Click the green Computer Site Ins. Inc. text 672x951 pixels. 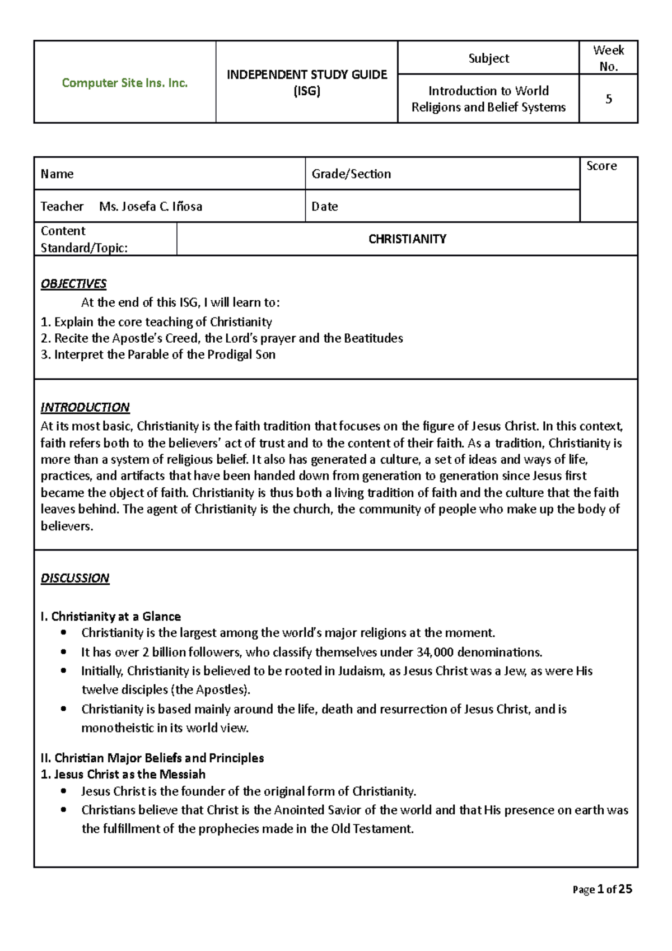pos(124,83)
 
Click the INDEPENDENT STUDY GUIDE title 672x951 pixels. pos(307,75)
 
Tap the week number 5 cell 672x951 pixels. pos(609,99)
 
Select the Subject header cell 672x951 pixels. pos(488,58)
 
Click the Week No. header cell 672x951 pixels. pos(609,58)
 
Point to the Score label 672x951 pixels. pos(601,166)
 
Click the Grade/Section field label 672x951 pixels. pos(351,174)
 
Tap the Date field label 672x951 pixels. pos(325,207)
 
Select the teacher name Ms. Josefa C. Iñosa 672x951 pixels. pos(151,207)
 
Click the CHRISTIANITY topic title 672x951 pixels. pos(407,239)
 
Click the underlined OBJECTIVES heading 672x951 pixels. pos(73,284)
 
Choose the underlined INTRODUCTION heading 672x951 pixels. pos(85,407)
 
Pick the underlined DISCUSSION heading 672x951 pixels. pos(75,578)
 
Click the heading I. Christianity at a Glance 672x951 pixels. pos(111,617)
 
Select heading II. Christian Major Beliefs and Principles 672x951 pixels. pos(152,758)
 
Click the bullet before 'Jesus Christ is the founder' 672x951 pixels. pos(64,791)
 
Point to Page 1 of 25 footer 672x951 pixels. pos(602,889)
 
